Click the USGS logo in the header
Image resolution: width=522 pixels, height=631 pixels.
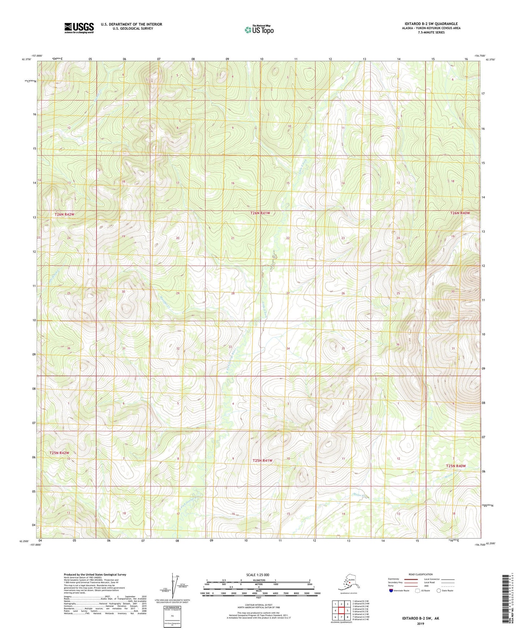point(79,28)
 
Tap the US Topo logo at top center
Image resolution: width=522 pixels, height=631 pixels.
point(259,30)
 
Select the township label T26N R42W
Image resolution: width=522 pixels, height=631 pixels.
point(64,214)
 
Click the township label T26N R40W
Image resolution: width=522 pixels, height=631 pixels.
point(460,213)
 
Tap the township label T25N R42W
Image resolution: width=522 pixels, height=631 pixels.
point(59,453)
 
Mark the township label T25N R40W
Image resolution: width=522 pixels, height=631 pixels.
point(456,466)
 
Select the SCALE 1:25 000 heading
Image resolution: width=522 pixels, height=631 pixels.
point(258,575)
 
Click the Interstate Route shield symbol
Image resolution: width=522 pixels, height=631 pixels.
point(391,591)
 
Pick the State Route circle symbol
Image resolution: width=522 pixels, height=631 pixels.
point(439,591)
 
